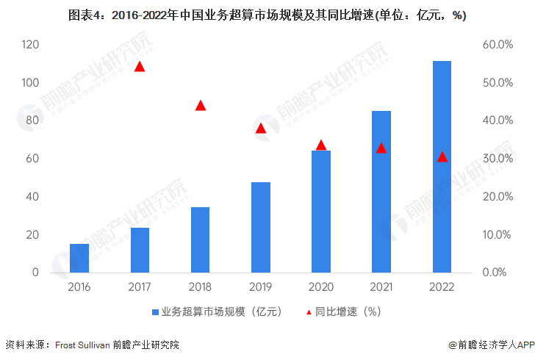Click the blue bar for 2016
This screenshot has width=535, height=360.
coord(79,258)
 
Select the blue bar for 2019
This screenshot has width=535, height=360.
coord(261,227)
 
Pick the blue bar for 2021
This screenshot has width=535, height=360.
coord(381,192)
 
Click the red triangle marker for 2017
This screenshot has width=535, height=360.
coord(140,67)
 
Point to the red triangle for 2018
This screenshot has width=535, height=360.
coord(200,105)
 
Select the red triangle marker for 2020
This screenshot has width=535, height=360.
coord(321,145)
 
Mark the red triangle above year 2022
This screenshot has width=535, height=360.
coord(442,156)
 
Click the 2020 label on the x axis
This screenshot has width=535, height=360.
coord(321,287)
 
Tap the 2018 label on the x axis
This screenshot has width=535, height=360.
coord(200,287)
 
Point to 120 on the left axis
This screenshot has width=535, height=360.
coord(30,45)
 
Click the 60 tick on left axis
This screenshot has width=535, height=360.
coord(33,159)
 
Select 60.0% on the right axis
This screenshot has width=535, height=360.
coord(498,45)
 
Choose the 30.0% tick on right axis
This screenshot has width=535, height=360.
coord(498,159)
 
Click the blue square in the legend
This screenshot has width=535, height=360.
coord(156,312)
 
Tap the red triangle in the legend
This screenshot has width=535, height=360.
coord(309,312)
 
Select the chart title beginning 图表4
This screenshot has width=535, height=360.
coord(267,15)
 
